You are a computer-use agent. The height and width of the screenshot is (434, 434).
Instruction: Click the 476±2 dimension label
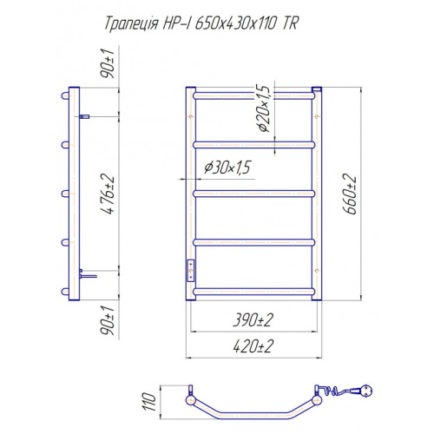coord(108,194)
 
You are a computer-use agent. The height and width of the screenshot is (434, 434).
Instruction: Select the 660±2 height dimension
coord(350,194)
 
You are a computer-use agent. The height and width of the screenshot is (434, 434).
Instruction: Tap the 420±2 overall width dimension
coord(253,346)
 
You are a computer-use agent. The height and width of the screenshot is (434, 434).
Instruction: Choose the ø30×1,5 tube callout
coord(227,168)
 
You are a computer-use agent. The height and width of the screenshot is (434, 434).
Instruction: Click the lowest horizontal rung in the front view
coord(253,289)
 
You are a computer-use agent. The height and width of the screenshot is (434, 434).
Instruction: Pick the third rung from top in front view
coord(253,192)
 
